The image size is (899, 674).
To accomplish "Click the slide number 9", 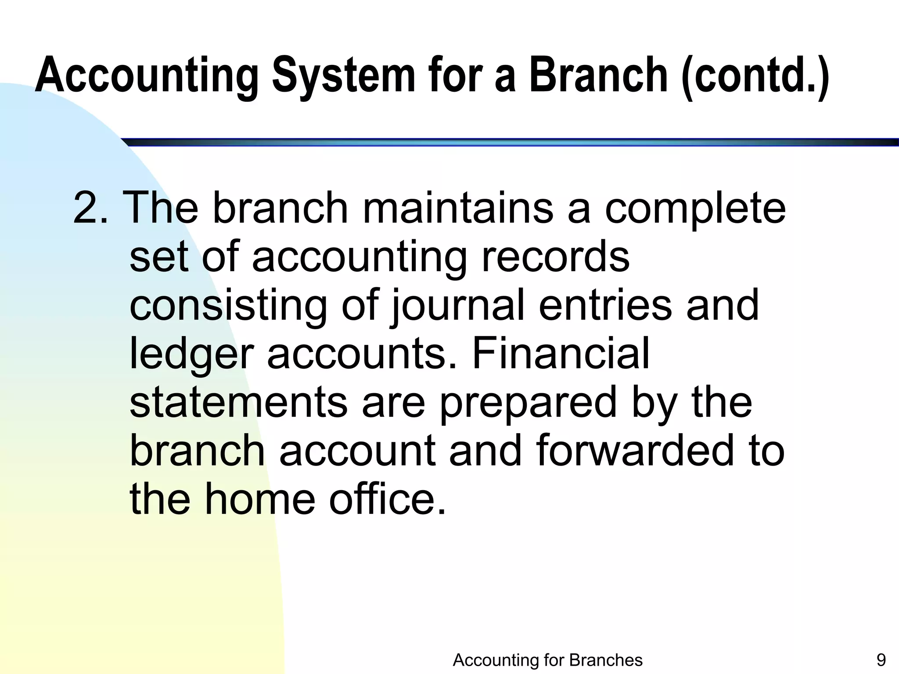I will [x=881, y=660].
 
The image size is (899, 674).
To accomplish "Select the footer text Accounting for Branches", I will [x=547, y=660].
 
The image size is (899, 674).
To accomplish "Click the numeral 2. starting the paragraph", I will [x=90, y=208].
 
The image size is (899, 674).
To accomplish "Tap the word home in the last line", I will [x=260, y=499].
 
